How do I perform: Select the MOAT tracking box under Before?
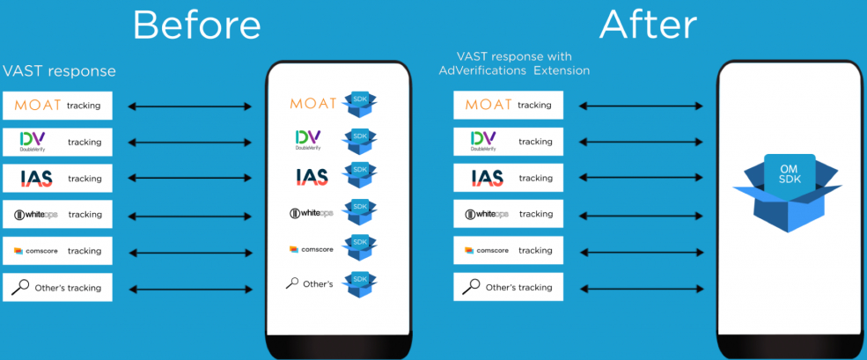coord(58,106)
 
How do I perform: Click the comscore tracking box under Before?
coord(58,251)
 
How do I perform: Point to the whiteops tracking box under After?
coord(508,214)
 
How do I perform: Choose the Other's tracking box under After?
coord(508,287)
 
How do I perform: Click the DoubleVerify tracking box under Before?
coord(58,142)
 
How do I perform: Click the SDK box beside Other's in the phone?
coord(359,283)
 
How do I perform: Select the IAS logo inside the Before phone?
coord(312,177)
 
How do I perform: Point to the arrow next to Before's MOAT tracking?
coord(189,107)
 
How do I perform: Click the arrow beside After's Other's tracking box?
coord(641,287)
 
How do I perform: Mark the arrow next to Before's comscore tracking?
coord(189,252)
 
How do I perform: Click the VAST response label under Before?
coord(59,70)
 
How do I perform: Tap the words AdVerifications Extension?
coord(514,70)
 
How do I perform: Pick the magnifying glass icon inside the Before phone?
coord(293,283)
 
